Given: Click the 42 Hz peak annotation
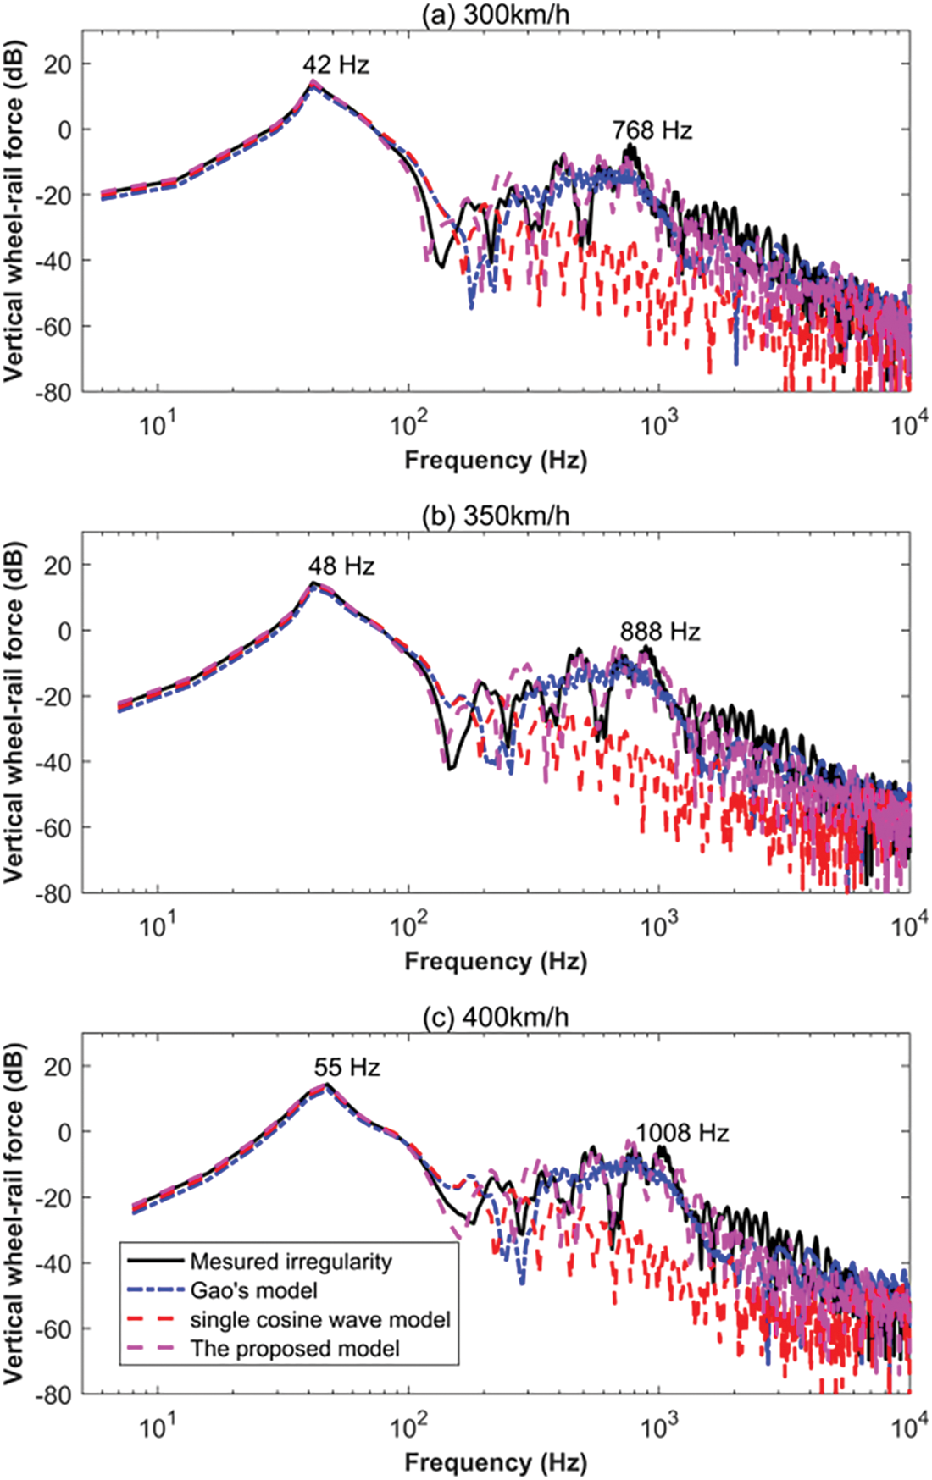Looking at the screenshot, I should [x=336, y=64].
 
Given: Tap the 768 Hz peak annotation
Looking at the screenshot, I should [x=652, y=130].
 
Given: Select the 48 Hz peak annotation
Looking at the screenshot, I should [x=341, y=566].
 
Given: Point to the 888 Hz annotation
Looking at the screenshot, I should [x=660, y=632].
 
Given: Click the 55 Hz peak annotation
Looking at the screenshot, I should [x=347, y=1067].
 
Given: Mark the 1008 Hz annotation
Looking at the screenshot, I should [x=682, y=1133].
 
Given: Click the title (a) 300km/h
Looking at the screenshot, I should [x=496, y=14].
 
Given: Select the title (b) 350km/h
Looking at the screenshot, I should [x=496, y=516].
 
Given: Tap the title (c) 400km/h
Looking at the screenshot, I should [x=496, y=1017].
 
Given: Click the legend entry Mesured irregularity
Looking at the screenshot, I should [x=291, y=1262].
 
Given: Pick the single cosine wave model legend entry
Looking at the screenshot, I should [x=319, y=1319].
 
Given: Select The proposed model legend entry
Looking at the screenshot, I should [x=294, y=1348].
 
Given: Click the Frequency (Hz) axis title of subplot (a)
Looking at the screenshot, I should [x=496, y=460].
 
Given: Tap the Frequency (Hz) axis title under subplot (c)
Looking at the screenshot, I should [x=496, y=1462].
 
